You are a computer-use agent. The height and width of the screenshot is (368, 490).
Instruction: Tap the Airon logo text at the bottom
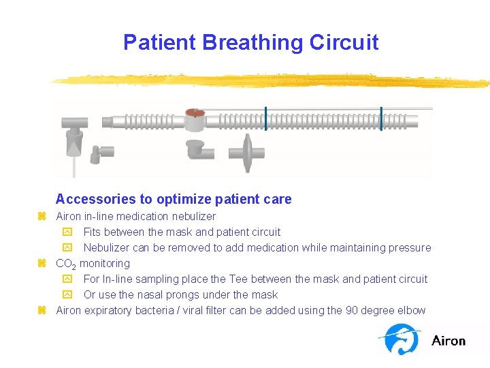tap(448, 340)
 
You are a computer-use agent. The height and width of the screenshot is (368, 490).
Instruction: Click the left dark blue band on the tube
tap(265, 119)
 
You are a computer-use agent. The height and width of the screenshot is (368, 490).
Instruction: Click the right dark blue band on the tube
tap(381, 119)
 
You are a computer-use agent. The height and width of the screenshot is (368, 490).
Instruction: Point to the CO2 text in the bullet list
tap(66, 264)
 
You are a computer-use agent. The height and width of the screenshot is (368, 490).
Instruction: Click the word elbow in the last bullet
tap(412, 311)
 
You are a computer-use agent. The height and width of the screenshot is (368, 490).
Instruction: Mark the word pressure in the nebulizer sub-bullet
tap(410, 248)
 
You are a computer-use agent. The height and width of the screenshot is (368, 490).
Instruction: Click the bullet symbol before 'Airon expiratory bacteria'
tap(42, 311)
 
